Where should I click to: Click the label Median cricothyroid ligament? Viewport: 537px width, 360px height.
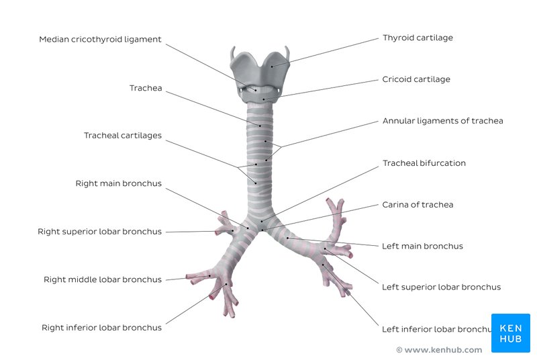pos(100,40)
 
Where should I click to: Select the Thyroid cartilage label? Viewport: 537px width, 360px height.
pos(418,38)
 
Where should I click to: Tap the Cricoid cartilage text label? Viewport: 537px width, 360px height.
pos(416,79)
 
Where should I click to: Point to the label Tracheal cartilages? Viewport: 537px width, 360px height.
pos(122,136)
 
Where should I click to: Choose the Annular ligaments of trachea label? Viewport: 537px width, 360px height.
pos(442,121)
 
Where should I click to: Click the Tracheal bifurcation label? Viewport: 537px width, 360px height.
pos(424,163)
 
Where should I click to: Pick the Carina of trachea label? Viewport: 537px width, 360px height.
pos(418,205)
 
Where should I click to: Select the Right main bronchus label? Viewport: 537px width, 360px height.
pos(118,183)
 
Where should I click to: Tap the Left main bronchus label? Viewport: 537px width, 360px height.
pos(422,246)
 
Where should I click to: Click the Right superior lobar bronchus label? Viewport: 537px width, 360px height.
pos(99,232)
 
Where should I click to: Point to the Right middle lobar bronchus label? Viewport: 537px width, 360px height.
pos(103,279)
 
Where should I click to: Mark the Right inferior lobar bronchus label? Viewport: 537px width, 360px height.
pos(101,328)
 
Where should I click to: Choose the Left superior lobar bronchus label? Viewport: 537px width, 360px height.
pos(441,287)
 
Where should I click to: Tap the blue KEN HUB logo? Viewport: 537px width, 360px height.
pos(510,333)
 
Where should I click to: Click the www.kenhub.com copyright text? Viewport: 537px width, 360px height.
pos(439,350)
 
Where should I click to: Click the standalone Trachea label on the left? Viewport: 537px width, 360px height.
pos(146,88)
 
